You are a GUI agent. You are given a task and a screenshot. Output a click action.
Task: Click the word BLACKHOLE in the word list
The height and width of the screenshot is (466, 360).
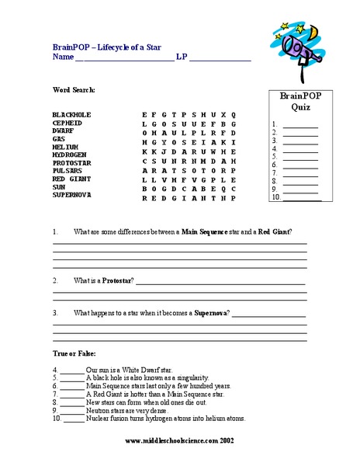tap(72, 114)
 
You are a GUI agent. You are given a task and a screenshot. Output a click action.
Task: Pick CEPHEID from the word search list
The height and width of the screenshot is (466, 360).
tap(67, 123)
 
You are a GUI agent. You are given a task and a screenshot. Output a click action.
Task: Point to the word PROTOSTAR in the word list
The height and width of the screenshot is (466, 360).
tap(72, 162)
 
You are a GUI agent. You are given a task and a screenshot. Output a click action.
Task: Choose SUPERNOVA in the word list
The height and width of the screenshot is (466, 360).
tap(72, 194)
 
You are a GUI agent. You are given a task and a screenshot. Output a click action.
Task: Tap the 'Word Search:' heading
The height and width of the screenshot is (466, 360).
tap(74, 90)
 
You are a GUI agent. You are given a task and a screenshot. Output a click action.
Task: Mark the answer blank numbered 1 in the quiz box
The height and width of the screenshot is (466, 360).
tap(302, 124)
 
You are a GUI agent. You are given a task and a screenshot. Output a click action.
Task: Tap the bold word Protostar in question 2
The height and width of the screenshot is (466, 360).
tap(117, 280)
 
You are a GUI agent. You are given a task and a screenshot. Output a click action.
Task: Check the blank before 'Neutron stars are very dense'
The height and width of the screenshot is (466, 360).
tap(72, 410)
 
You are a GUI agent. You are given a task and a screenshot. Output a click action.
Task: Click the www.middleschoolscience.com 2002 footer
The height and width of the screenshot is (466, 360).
tap(180, 440)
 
